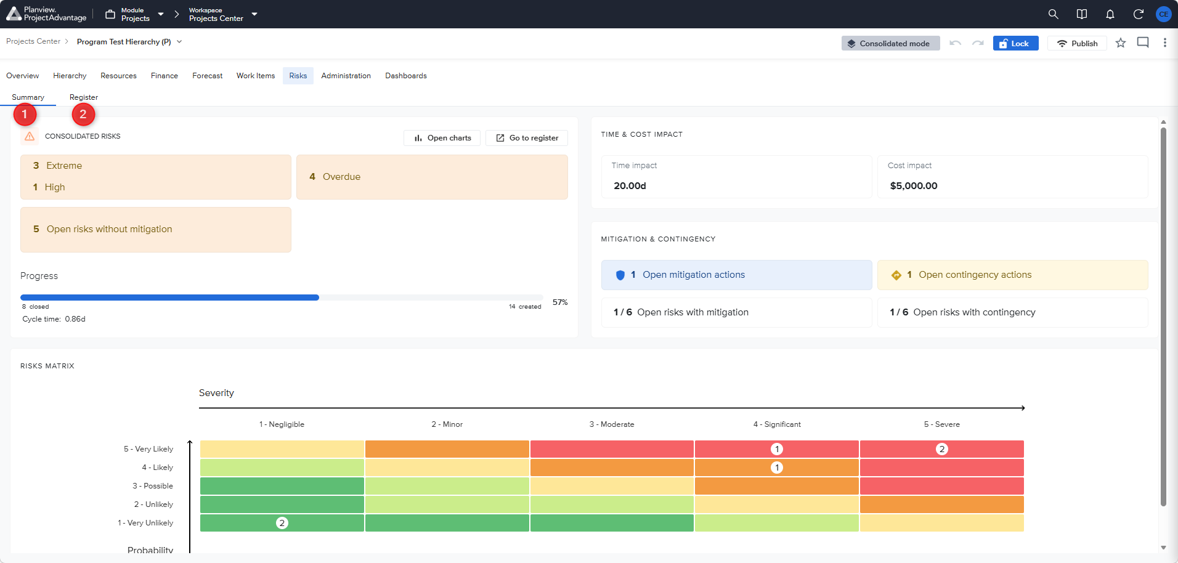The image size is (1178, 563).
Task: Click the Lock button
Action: coord(1015,43)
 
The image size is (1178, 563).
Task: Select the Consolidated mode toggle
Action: coord(890,43)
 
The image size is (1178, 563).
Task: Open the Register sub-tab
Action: coord(84,97)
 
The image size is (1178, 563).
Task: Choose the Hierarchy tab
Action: coord(70,76)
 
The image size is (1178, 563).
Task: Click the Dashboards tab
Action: coord(406,76)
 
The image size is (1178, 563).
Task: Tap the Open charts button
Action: coord(442,138)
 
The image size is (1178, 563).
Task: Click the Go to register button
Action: coord(527,138)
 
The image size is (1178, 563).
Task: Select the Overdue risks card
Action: coord(432,177)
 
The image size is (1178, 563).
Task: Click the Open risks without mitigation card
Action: coord(156,229)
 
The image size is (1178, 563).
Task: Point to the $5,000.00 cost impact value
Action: coord(914,186)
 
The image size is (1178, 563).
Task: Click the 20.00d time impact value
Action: coord(630,186)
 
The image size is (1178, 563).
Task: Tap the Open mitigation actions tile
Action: coord(737,275)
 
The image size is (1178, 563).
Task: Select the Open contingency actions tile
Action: coord(1013,275)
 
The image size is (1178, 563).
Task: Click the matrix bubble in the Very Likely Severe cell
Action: coord(941,449)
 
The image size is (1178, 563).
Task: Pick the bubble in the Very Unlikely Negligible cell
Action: coord(282,523)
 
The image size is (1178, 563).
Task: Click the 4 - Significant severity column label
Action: coord(777,424)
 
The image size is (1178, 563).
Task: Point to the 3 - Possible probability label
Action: coord(153,486)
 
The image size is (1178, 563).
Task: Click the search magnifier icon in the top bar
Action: coord(1054,14)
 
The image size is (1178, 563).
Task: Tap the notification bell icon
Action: coord(1110,14)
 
